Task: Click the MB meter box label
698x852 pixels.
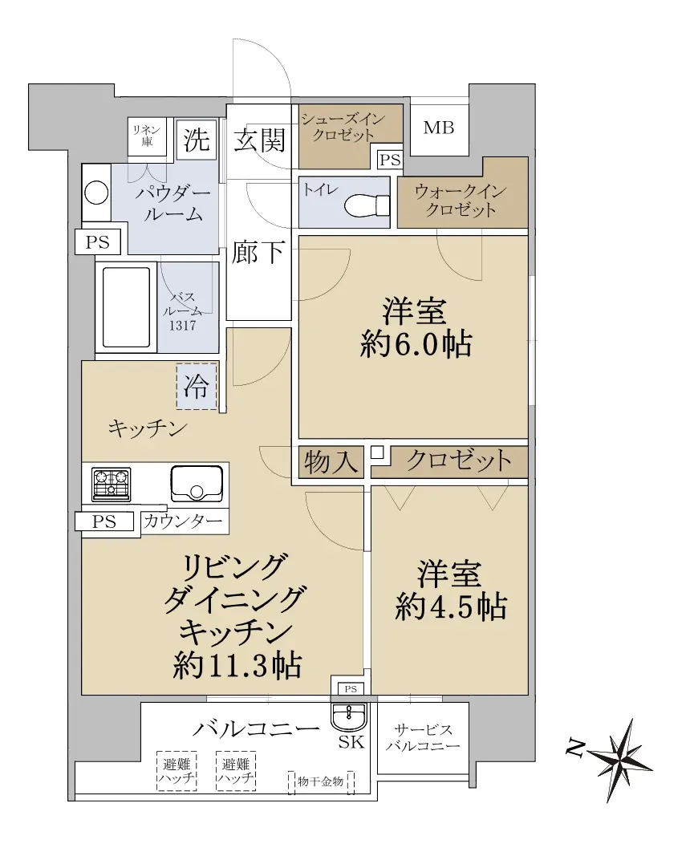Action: tap(438, 128)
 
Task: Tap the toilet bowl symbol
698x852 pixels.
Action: tap(367, 205)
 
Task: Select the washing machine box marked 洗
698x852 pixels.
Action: tap(196, 140)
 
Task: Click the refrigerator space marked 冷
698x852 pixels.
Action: tap(196, 387)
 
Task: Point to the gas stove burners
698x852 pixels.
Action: tap(112, 484)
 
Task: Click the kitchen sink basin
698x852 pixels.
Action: tap(197, 484)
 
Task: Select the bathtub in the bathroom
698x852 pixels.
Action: tap(127, 307)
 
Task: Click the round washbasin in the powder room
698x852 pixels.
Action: tap(97, 193)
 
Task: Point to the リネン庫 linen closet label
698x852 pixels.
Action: tap(147, 136)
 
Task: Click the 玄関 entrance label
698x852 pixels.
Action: tap(260, 140)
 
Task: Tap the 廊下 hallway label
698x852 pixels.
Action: tap(258, 252)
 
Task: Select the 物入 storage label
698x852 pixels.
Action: tap(331, 462)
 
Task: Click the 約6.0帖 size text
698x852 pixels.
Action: tap(416, 344)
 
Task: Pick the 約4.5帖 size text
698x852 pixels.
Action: tap(451, 607)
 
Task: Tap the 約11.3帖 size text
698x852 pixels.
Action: tap(238, 664)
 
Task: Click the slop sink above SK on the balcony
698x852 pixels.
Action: tap(349, 716)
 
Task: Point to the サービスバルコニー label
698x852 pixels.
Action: tap(423, 738)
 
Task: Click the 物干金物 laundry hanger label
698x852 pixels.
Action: tap(320, 781)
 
